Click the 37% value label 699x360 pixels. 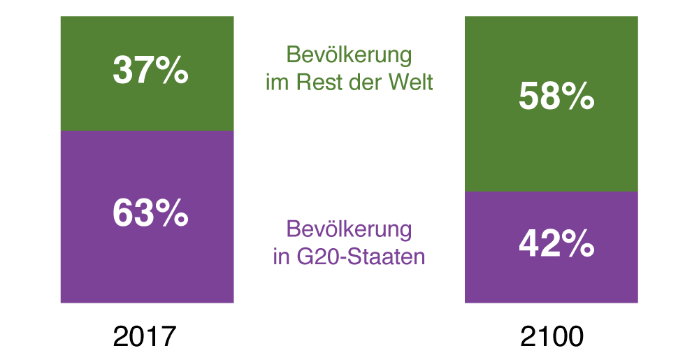[x=150, y=71]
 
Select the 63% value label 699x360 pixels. [x=150, y=214]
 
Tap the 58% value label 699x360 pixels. [x=556, y=97]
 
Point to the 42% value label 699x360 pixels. [x=556, y=244]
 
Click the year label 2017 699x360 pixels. [x=145, y=337]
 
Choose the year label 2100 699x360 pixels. [x=552, y=337]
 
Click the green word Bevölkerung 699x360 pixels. [x=349, y=55]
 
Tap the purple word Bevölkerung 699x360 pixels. [x=349, y=229]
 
